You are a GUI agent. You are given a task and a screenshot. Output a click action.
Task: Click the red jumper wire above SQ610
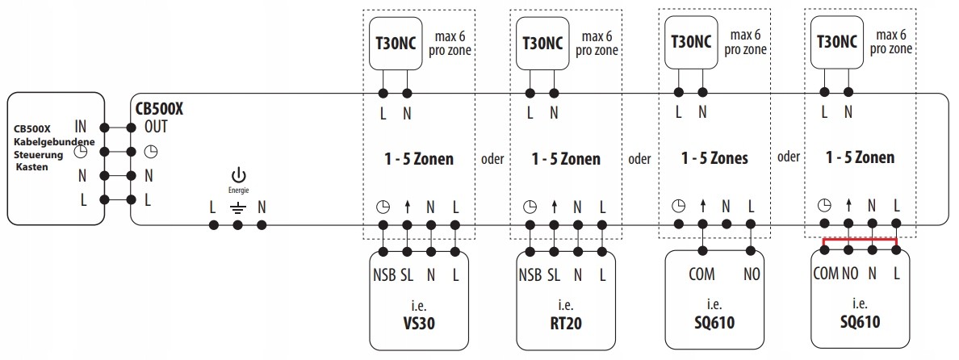[859, 240]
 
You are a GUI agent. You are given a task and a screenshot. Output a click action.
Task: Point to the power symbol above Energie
[238, 175]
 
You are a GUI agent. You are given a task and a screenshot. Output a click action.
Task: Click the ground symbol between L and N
[237, 207]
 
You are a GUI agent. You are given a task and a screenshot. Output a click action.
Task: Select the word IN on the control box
[80, 127]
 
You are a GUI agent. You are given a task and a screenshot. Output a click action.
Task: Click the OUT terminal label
[156, 127]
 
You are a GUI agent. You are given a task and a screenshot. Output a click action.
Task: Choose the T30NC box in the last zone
[836, 41]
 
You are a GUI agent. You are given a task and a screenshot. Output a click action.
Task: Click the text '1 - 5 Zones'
[714, 158]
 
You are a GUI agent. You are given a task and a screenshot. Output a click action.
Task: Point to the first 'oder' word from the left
[492, 158]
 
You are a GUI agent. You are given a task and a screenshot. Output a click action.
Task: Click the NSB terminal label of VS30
[383, 275]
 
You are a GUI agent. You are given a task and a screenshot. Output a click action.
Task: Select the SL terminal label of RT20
[554, 275]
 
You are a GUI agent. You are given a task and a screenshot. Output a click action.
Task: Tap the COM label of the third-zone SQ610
[702, 274]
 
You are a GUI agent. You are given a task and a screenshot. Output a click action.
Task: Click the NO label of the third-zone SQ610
[752, 274]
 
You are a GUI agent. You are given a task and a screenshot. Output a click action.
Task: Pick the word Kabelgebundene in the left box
[55, 140]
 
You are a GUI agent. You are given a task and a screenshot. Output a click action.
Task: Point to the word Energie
[237, 190]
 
